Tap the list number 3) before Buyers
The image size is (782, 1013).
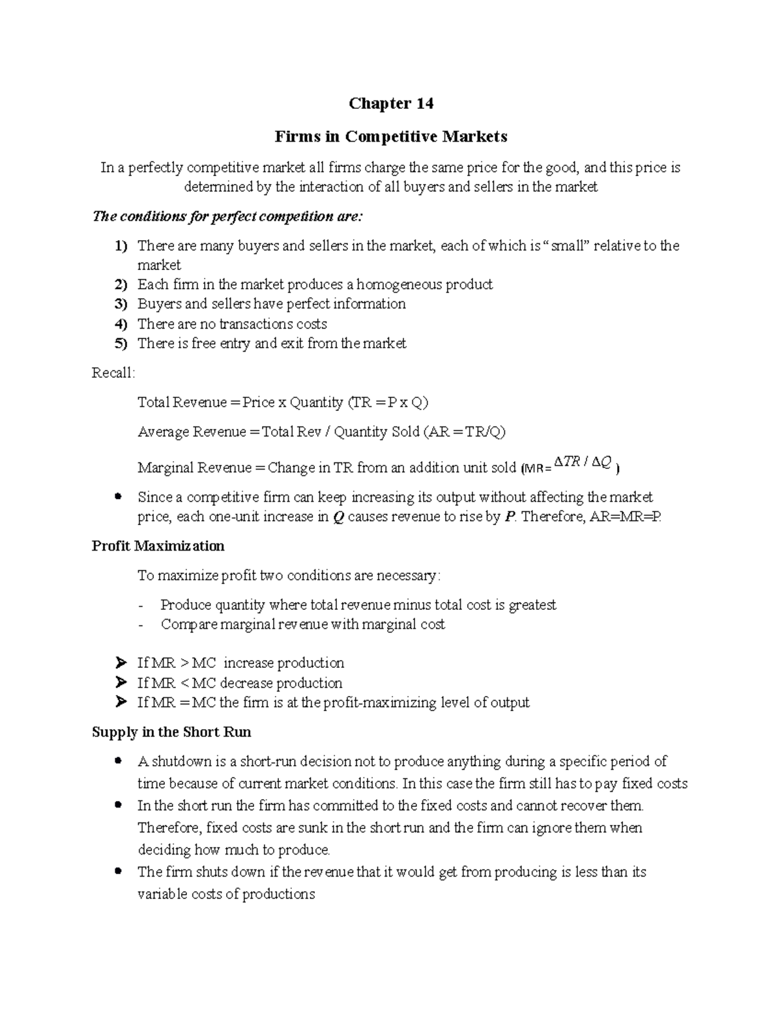pyautogui.click(x=121, y=304)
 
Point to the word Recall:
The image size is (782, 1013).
pyautogui.click(x=114, y=373)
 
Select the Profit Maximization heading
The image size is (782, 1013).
pyautogui.click(x=158, y=546)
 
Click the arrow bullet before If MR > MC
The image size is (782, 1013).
pyautogui.click(x=120, y=663)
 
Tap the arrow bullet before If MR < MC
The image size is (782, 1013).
pyautogui.click(x=120, y=683)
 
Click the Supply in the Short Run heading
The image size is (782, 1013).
pyautogui.click(x=171, y=732)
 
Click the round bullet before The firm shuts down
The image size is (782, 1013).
pyautogui.click(x=118, y=871)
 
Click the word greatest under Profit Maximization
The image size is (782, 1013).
pyautogui.click(x=532, y=605)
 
